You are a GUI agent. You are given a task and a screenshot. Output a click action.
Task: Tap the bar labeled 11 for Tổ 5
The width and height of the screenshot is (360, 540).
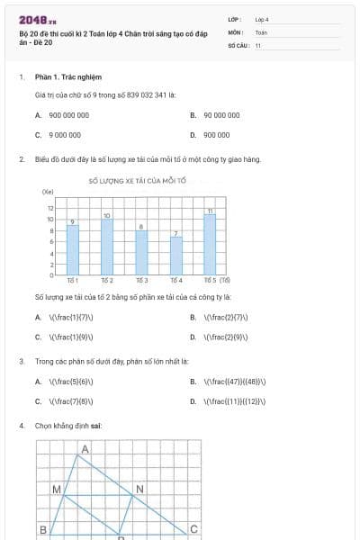[210, 244]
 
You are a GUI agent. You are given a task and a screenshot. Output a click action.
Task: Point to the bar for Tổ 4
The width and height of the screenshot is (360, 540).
[176, 256]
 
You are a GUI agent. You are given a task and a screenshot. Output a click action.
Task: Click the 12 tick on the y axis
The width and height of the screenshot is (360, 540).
[50, 209]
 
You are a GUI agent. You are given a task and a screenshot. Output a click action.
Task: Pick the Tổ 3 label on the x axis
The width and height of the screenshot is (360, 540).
[142, 281]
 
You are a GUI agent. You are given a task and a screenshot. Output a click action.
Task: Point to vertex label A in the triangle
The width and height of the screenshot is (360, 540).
[85, 448]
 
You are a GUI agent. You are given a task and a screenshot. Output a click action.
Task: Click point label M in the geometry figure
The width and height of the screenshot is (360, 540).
[56, 490]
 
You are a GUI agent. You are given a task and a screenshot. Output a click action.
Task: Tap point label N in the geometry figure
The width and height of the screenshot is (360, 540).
[139, 490]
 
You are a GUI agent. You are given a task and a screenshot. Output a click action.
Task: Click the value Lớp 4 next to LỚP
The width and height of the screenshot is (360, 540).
[262, 19]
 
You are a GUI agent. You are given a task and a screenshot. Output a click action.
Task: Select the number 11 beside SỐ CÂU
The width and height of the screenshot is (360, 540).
[258, 45]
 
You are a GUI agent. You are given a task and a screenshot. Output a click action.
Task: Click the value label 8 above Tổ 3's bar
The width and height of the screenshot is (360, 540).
[141, 226]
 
